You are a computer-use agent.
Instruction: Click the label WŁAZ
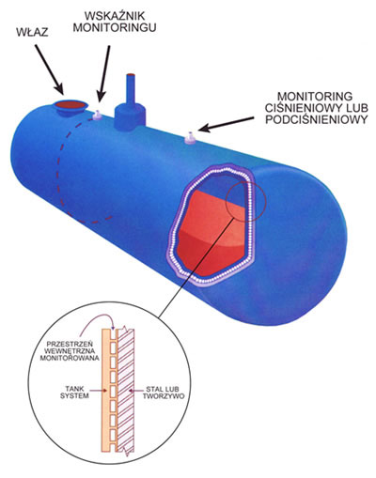33,32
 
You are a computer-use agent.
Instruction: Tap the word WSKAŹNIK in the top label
115,16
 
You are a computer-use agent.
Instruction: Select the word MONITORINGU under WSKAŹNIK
115,27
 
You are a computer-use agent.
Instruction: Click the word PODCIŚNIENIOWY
316,119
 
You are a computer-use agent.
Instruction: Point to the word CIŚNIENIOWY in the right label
300,108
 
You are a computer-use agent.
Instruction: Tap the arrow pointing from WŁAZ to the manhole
50,69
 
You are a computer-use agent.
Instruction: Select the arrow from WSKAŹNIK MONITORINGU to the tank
104,73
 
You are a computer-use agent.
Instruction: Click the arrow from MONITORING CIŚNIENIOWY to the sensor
227,124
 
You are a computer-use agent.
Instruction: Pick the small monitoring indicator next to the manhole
97,116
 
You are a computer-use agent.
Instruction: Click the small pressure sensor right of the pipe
190,138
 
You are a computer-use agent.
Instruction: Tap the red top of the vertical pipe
131,75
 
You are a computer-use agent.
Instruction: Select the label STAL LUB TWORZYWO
164,393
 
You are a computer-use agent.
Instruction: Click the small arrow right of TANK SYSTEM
98,391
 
